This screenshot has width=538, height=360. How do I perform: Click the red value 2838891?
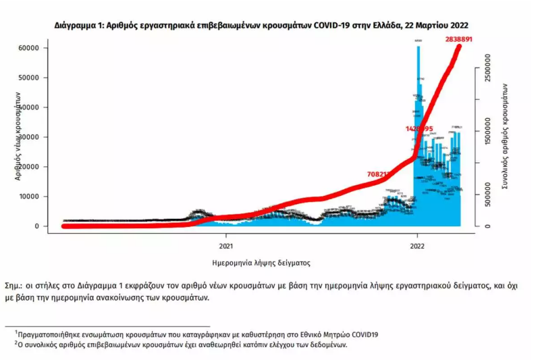458,40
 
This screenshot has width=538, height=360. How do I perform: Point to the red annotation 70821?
378,174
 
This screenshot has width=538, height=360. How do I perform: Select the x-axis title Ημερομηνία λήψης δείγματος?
261,262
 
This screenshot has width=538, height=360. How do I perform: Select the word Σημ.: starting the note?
14,286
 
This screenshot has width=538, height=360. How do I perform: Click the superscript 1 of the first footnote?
16,331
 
